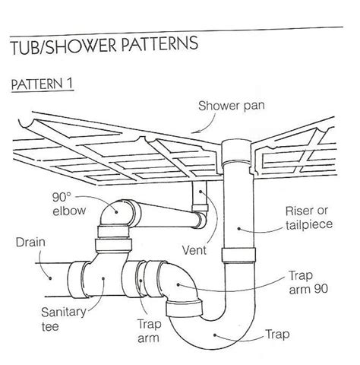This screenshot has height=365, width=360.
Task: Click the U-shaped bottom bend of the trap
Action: tap(213, 338)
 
